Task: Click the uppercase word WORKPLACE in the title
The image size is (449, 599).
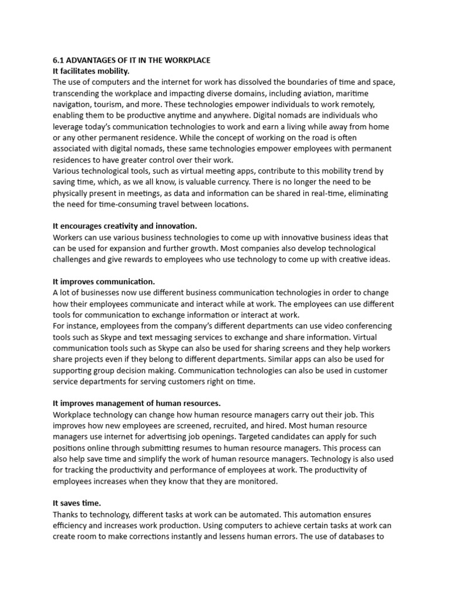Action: click(x=185, y=60)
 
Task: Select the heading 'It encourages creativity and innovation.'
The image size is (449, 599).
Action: click(x=125, y=226)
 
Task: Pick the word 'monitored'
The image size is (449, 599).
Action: click(x=254, y=481)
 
